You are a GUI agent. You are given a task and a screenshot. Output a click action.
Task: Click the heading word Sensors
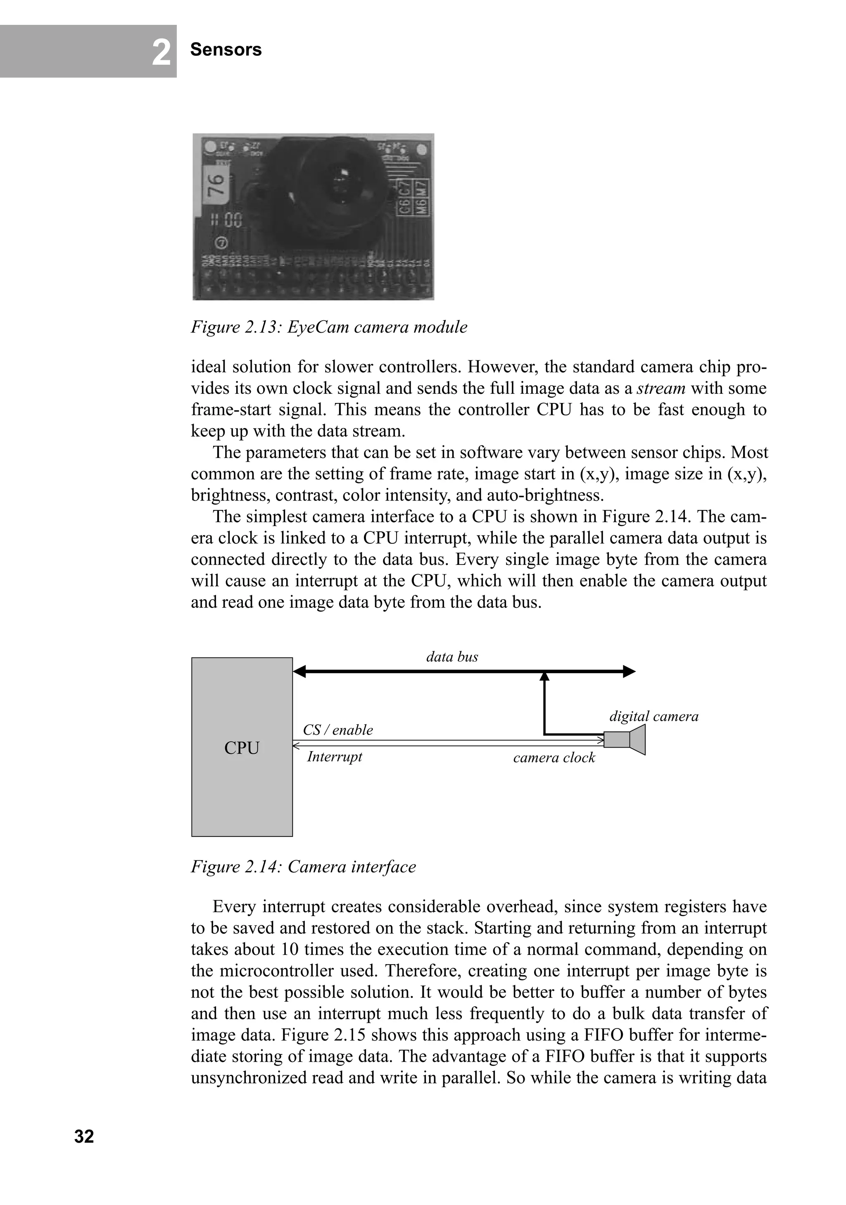[226, 50]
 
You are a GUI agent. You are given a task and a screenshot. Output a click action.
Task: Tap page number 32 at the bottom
[84, 1136]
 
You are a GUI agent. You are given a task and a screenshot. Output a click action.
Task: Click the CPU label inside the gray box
[242, 748]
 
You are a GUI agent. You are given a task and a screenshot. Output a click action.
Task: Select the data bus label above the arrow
[452, 657]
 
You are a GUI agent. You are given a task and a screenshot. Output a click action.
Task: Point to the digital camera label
[654, 717]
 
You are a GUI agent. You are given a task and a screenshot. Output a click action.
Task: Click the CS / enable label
[338, 730]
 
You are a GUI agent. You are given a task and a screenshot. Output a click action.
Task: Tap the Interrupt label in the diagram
[335, 756]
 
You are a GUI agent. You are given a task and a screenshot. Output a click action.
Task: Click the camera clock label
[554, 757]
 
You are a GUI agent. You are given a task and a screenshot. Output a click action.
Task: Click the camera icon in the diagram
[625, 739]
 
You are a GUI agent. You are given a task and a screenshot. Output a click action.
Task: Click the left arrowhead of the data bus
[299, 671]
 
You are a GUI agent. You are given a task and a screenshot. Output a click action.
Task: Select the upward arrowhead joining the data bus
[544, 676]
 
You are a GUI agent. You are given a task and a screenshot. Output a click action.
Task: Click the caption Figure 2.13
[329, 327]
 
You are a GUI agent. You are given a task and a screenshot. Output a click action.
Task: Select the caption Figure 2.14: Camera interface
[303, 867]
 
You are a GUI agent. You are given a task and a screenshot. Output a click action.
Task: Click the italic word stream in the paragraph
[661, 388]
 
